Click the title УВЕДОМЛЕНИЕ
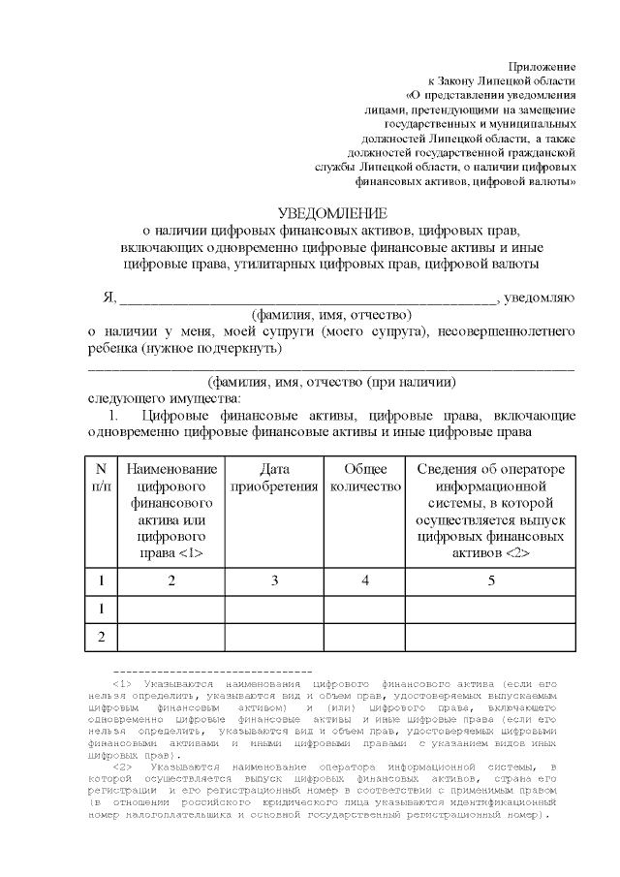(x=331, y=213)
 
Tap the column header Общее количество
(x=365, y=478)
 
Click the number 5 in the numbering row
(x=492, y=581)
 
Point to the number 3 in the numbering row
(x=275, y=581)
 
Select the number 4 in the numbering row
(x=365, y=581)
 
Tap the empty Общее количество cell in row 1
(x=365, y=609)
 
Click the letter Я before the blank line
(x=108, y=297)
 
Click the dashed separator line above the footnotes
(x=212, y=671)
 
